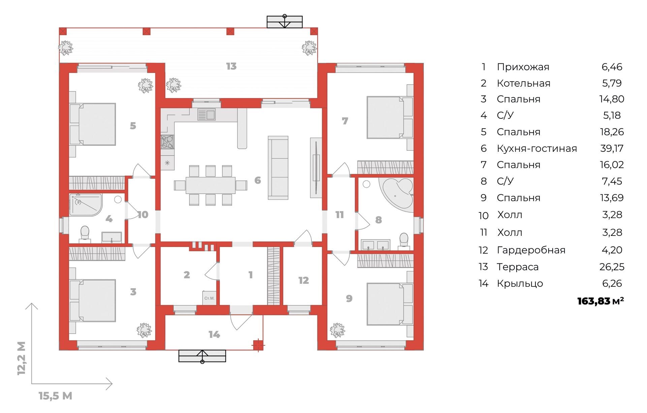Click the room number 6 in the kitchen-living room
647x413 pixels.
257,180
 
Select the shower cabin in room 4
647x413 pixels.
85,205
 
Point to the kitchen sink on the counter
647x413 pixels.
206,114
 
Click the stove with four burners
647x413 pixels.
167,142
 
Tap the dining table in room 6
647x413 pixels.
210,185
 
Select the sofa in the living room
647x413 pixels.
278,168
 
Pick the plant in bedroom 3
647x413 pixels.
144,330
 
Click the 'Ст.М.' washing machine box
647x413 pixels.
209,298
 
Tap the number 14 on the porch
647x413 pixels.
214,334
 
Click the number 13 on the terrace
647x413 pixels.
231,66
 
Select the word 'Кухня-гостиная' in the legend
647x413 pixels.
537,148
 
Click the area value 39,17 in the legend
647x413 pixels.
612,148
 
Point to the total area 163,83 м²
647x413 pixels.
600,301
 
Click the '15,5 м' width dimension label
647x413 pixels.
55,396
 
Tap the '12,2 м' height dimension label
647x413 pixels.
21,358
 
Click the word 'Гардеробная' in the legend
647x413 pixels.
531,250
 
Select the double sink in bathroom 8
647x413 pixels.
375,245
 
